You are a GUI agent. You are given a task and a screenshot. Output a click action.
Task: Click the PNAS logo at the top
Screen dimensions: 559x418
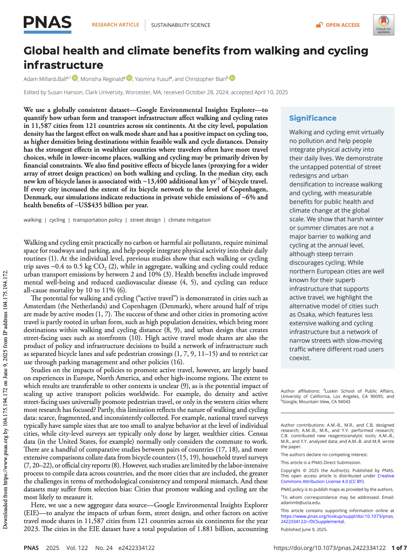48,24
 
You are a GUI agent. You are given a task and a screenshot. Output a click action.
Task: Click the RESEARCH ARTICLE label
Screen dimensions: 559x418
115,25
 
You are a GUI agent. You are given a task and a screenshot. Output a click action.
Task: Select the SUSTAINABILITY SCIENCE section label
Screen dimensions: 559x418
181,25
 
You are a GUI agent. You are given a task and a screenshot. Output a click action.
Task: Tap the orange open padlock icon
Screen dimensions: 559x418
319,25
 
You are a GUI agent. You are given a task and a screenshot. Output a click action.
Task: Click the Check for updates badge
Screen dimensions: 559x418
383,25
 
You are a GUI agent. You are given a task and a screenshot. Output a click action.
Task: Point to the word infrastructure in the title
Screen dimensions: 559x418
63,65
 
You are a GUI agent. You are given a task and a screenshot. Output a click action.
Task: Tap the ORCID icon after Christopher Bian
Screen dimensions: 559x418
232,78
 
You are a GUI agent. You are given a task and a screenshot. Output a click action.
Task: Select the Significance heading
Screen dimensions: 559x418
313,118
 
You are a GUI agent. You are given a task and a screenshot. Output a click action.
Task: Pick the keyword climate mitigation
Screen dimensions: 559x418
189,220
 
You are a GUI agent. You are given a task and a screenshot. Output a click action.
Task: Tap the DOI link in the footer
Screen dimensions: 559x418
329,548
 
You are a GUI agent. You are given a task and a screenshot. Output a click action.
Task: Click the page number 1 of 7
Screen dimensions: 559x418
399,548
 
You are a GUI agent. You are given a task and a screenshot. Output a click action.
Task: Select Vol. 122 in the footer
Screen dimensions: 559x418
77,548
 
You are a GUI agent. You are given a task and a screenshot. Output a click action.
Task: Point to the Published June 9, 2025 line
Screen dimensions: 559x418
304,529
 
